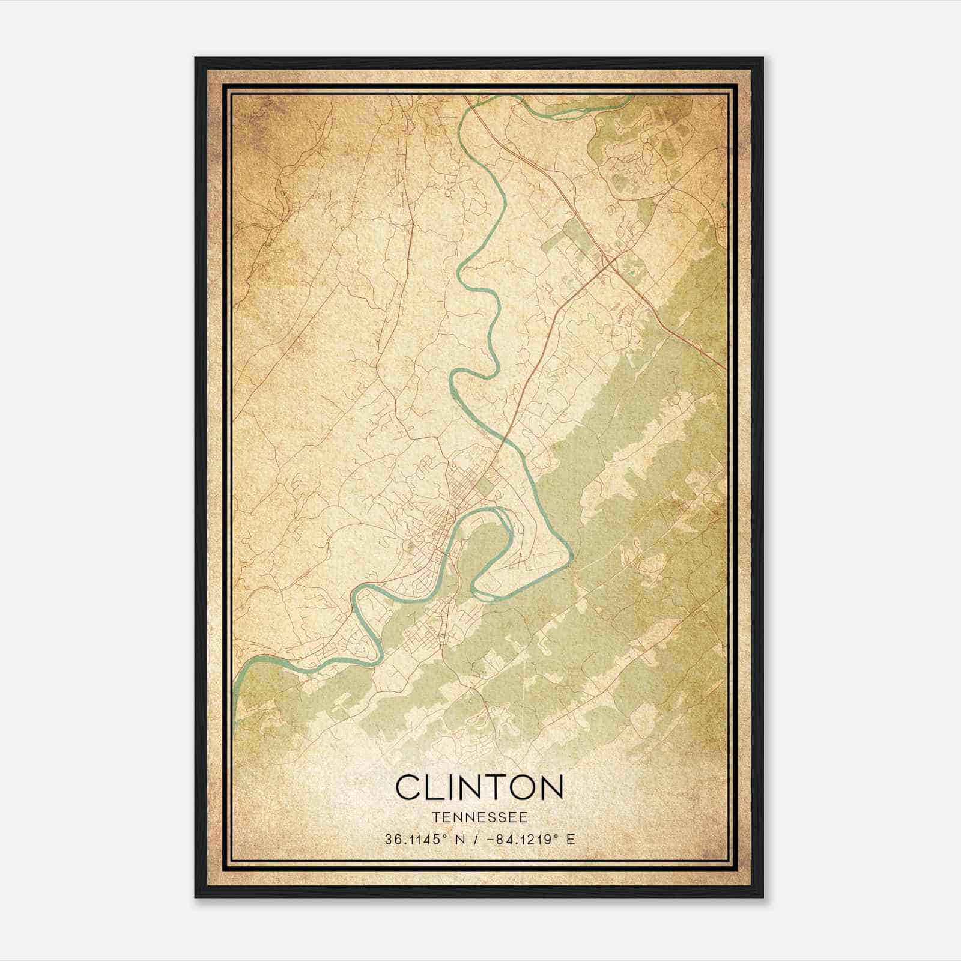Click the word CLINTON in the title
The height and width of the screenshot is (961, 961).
point(479,787)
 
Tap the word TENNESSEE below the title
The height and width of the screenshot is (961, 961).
point(479,817)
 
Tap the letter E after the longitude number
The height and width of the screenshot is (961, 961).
point(571,839)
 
